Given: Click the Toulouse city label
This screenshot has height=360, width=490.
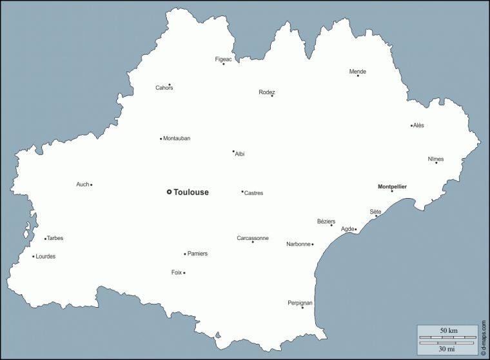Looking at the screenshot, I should (x=191, y=192).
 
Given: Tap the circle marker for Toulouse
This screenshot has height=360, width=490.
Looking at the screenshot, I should (x=169, y=192).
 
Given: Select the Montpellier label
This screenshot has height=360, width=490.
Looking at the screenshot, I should (x=392, y=187).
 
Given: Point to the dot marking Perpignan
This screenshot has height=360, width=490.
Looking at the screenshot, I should (x=302, y=307).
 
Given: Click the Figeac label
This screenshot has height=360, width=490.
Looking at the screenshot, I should (x=223, y=59).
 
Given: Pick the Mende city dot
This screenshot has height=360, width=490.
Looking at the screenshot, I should (x=358, y=75).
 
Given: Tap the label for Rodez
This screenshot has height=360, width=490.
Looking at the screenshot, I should (x=267, y=92).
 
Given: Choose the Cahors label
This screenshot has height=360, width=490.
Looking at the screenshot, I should (x=164, y=88).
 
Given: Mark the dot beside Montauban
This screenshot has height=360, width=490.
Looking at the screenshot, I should (x=161, y=139).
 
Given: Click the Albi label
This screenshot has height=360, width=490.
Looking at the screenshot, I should (x=240, y=154).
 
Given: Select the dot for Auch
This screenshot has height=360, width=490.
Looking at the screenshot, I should (x=92, y=185).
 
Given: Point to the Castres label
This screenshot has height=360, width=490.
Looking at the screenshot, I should (x=254, y=193).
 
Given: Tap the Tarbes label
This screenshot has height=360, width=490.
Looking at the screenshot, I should (x=55, y=239).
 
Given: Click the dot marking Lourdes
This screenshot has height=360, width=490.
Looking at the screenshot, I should (x=34, y=257).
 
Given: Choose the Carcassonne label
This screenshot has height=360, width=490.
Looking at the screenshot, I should (x=253, y=238).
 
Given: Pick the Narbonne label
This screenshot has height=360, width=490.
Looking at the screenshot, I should (x=299, y=245).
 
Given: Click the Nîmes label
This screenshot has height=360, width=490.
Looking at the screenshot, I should (x=436, y=159).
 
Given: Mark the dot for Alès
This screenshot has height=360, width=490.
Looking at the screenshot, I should (x=411, y=126).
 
